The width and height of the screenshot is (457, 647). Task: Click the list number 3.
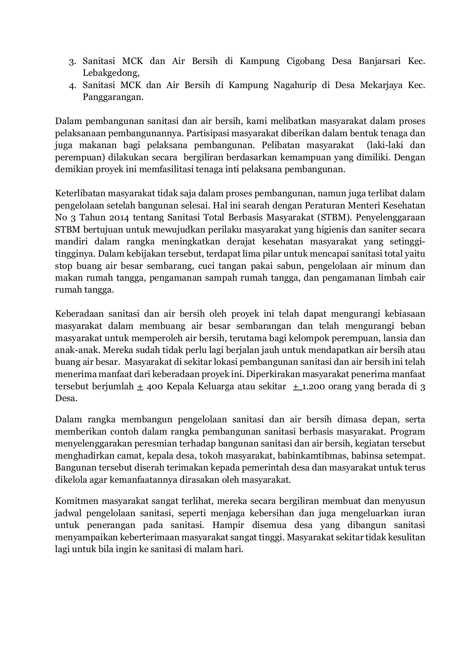pos(72,61)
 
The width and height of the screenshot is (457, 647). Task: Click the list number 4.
pos(72,86)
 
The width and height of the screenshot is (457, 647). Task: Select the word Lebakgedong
pos(111,73)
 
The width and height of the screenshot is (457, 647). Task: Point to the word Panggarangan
pos(113,97)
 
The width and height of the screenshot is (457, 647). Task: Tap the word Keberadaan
pos(79,314)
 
